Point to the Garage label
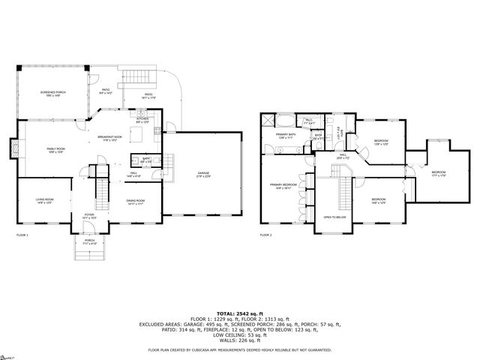point(203,174)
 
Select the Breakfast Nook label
point(110,138)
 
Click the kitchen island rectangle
point(135,135)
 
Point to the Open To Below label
point(334,217)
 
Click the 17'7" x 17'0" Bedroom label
point(439,173)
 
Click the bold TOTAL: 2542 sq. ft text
point(239,313)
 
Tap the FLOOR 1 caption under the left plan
point(22,235)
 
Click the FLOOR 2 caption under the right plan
point(266,235)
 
